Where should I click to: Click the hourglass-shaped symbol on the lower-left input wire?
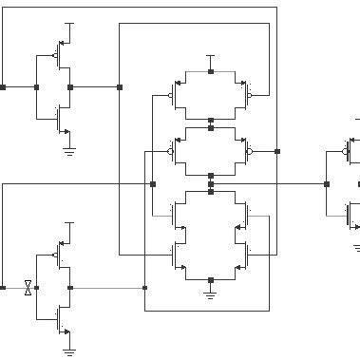[x=28, y=287]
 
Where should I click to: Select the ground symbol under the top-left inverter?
[x=69, y=149]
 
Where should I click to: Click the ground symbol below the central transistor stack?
[x=211, y=295]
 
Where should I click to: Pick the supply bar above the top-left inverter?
[x=69, y=22]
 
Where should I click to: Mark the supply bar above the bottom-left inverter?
[x=69, y=222]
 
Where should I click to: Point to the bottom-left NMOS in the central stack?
[x=178, y=254]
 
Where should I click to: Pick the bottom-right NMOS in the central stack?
[x=244, y=254]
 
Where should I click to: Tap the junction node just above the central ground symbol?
[x=211, y=281]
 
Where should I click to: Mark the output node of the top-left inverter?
[x=70, y=86]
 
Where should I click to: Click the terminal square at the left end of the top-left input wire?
[x=3, y=86]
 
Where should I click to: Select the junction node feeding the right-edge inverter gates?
[x=326, y=183]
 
